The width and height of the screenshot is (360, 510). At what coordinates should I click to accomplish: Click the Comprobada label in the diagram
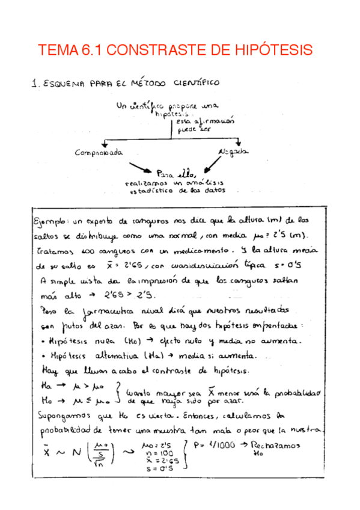99,153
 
